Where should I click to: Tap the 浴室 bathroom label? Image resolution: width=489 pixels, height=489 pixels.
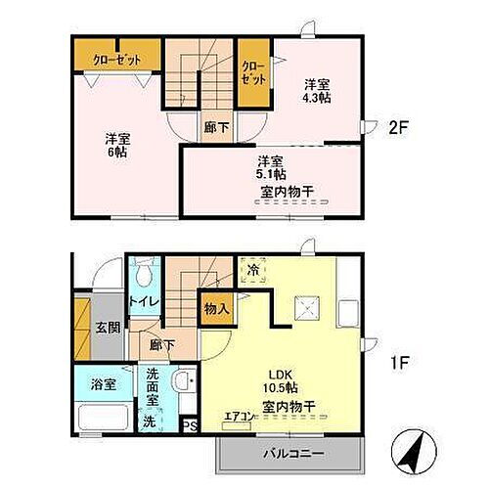tap(104, 384)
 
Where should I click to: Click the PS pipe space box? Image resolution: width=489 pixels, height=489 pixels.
tap(192, 425)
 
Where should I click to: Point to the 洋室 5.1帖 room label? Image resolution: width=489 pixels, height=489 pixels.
tap(271, 168)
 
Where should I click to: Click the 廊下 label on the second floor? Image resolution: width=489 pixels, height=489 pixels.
tap(211, 125)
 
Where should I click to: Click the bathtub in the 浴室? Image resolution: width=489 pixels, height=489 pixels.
tap(102, 418)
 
